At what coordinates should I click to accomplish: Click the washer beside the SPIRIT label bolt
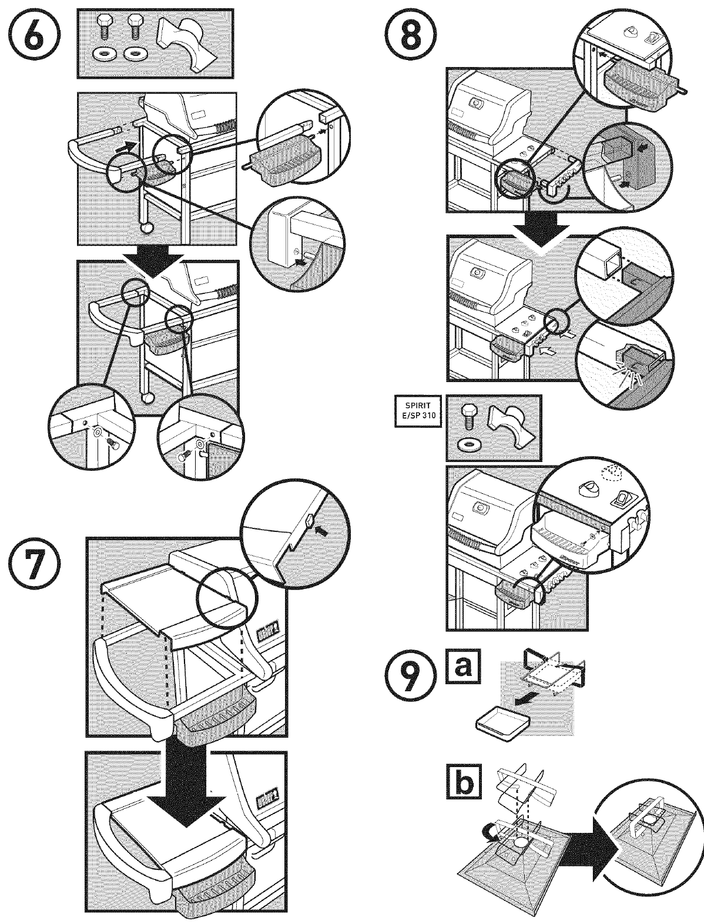point(468,442)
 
